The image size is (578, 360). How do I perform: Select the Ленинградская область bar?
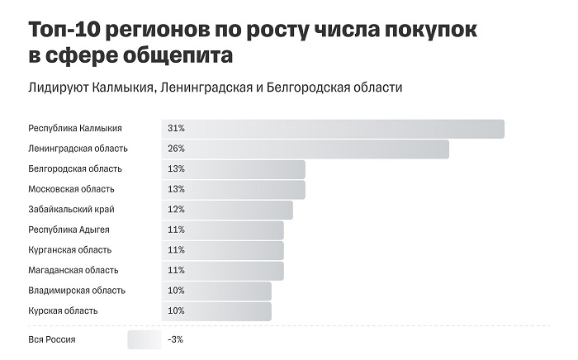pos(305,149)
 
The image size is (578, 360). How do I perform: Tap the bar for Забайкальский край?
pos(227,210)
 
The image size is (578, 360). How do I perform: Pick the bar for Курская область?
pos(216,310)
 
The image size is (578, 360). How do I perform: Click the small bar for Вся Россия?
pos(144,340)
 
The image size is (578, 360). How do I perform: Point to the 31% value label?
pos(176,129)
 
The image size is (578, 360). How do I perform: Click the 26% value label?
pos(176,149)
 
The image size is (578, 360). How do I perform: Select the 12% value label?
pos(176,210)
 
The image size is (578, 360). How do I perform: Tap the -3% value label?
pos(175,340)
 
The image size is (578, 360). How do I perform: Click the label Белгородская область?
pos(75,169)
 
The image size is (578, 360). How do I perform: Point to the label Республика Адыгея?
pos(69,230)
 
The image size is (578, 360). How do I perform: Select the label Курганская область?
pos(69,250)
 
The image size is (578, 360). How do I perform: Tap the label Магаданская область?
pos(73,270)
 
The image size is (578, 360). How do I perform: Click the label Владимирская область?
pos(77,291)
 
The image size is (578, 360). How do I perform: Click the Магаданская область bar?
pos(222,270)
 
